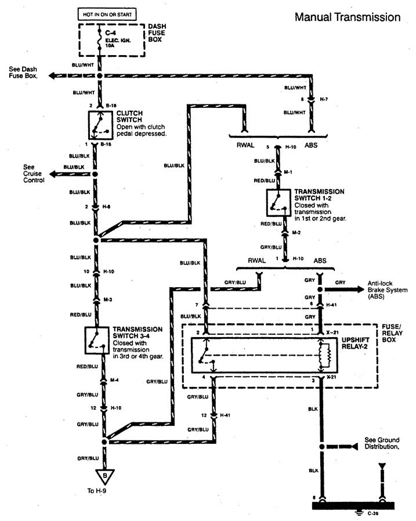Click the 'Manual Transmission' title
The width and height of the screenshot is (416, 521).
pyautogui.click(x=348, y=17)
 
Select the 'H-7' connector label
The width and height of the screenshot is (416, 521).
pyautogui.click(x=324, y=100)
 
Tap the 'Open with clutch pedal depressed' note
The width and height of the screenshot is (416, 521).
pyautogui.click(x=142, y=129)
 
